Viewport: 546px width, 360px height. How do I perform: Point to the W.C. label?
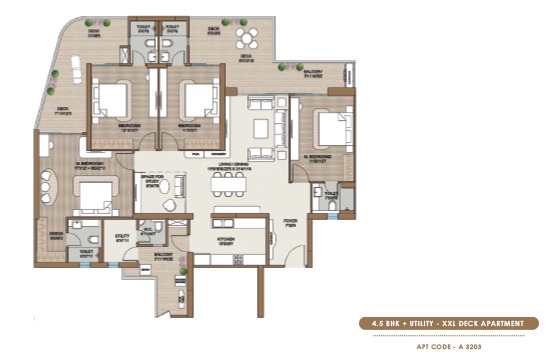152,231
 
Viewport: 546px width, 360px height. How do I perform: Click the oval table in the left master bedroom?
46,188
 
